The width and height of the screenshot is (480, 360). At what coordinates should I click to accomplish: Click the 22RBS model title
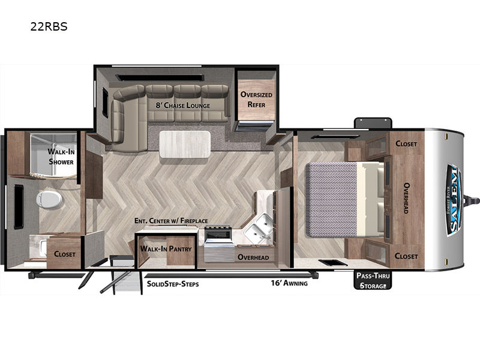coord(49,26)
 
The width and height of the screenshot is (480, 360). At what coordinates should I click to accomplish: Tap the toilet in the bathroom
coord(49,200)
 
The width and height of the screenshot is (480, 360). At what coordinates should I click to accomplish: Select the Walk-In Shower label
coord(61,157)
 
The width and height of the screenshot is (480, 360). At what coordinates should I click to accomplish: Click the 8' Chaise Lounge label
coord(183,106)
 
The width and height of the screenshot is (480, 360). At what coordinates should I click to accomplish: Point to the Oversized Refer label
coord(256,100)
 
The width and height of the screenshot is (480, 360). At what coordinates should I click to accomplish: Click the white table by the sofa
coord(185,145)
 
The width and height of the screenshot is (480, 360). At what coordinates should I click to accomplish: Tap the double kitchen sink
coord(259,227)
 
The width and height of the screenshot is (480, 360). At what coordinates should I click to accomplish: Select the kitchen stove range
coord(218,243)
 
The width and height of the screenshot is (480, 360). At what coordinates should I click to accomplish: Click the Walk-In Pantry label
coord(166,248)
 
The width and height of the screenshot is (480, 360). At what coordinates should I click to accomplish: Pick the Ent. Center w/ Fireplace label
coord(171,220)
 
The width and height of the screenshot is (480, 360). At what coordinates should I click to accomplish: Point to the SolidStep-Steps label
coord(173,284)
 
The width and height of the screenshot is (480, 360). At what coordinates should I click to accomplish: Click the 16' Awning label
coord(289,283)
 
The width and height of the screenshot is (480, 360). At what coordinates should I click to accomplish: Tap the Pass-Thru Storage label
coord(373,280)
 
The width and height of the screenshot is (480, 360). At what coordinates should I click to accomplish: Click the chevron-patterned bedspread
coord(331,199)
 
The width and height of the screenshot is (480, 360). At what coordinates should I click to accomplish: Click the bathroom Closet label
coord(65,254)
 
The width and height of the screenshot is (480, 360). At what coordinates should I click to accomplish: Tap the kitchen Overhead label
coord(253,257)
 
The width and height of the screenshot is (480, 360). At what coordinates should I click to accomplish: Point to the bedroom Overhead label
coord(406,198)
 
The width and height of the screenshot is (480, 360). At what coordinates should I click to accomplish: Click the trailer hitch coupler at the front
coord(472,201)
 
